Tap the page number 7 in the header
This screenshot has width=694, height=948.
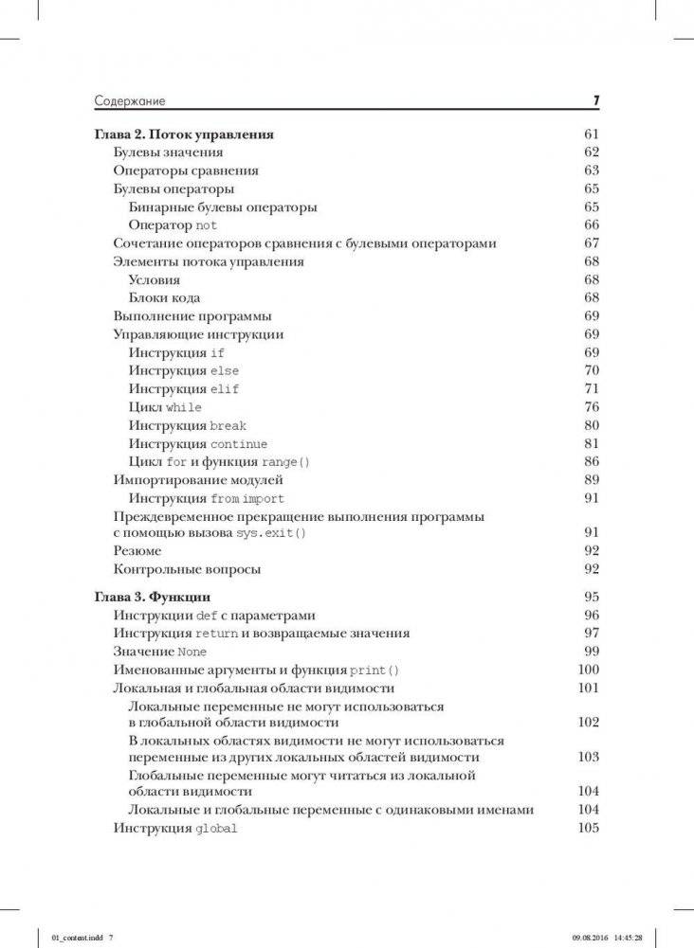tap(595, 100)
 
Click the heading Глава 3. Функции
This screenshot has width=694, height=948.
tap(153, 598)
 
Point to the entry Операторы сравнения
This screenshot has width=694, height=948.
tap(186, 170)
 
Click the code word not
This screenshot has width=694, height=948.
tap(207, 225)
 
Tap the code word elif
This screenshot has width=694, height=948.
tap(225, 389)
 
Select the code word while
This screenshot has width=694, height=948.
tap(184, 407)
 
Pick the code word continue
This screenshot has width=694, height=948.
tap(239, 444)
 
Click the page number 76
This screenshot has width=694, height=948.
tap(593, 407)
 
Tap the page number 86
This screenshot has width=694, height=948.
tap(593, 462)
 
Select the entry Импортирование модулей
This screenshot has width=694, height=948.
tap(198, 480)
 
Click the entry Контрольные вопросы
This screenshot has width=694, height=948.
tap(187, 569)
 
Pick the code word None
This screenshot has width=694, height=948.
tap(192, 653)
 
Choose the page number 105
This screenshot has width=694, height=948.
tap(589, 829)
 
